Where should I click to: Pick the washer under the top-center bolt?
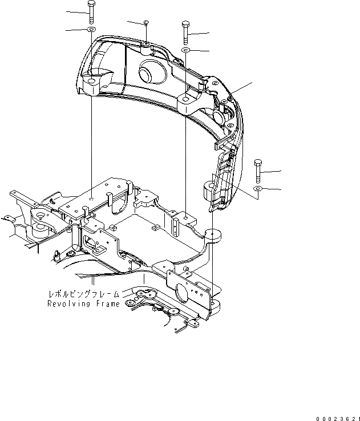point(186,51)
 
